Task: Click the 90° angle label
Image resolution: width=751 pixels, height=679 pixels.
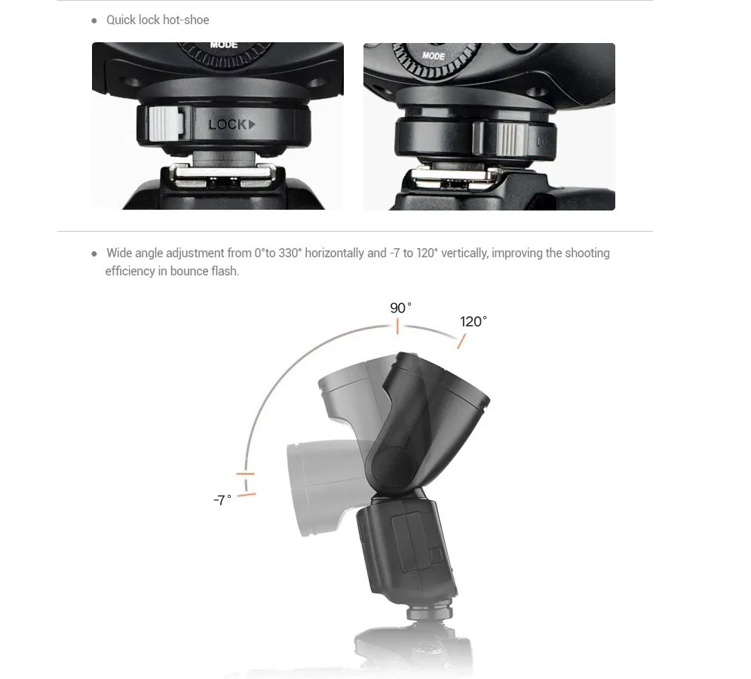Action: click(400, 308)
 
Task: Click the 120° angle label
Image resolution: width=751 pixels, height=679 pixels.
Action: click(474, 321)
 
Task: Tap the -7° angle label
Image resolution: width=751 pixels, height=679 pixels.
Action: click(222, 500)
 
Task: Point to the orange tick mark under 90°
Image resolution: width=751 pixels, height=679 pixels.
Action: click(397, 327)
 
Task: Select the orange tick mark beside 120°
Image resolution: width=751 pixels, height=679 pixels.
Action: click(461, 341)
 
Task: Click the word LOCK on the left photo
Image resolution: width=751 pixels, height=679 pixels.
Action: click(228, 125)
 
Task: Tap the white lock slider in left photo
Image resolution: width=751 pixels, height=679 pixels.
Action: click(166, 124)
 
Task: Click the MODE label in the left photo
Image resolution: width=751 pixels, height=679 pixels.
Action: click(224, 45)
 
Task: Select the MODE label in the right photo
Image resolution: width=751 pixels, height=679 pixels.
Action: click(434, 56)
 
